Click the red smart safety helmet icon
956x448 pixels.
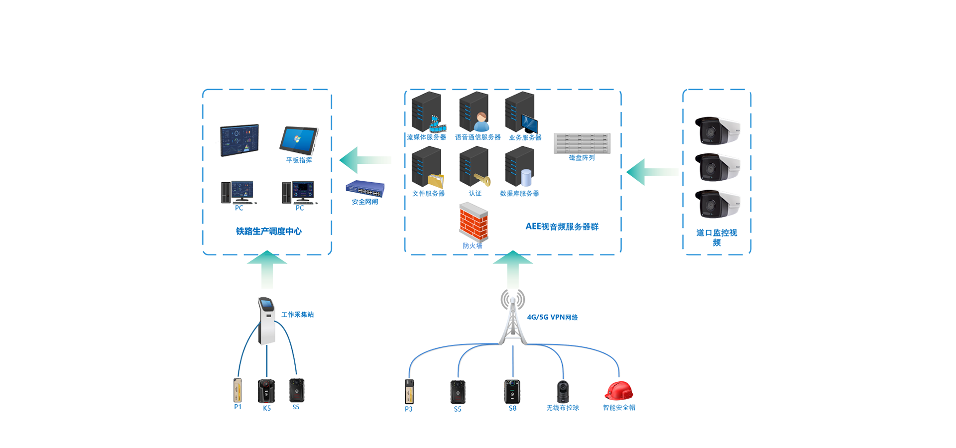click(619, 391)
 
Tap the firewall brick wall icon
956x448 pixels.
click(473, 222)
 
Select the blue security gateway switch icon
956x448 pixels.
click(365, 189)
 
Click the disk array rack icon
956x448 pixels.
click(582, 143)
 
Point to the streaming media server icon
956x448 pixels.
click(427, 112)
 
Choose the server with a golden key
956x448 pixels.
click(475, 167)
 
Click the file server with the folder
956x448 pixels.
click(427, 167)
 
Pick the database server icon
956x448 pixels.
click(520, 167)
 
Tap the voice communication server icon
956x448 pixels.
click(475, 112)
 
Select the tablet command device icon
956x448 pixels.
click(299, 140)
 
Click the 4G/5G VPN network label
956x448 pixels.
click(552, 317)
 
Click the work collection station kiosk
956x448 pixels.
click(267, 321)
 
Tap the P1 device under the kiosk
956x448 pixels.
click(238, 390)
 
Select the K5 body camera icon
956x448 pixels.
click(266, 391)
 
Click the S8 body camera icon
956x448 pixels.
click(512, 391)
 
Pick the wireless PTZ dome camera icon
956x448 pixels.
click(563, 392)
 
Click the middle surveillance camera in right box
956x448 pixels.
click(717, 167)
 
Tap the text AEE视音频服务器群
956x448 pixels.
click(562, 226)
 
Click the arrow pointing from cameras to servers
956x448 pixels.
click(652, 172)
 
